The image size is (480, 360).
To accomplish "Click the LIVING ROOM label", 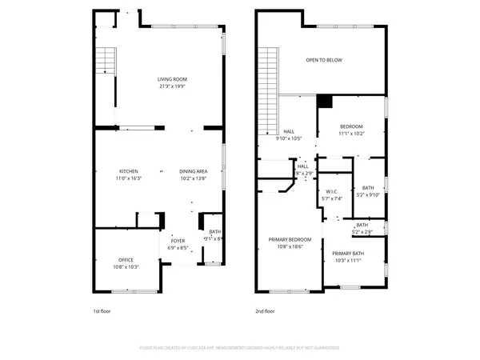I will (171, 79).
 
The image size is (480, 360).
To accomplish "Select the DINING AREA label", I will (194, 172).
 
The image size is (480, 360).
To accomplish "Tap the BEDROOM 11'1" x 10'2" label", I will (351, 127).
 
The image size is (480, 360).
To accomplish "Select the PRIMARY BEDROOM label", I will (289, 240).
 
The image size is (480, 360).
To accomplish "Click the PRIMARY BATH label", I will (348, 253).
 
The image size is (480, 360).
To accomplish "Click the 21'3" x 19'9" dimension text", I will (171, 86).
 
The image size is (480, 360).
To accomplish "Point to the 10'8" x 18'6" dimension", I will (289, 247).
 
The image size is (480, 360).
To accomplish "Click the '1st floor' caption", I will (102, 311).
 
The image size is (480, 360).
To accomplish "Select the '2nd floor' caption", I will (265, 311).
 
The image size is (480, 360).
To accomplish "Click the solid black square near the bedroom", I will (325, 102).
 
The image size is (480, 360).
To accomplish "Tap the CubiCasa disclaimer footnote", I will (239, 349).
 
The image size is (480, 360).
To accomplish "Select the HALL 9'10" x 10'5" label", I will (289, 135).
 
